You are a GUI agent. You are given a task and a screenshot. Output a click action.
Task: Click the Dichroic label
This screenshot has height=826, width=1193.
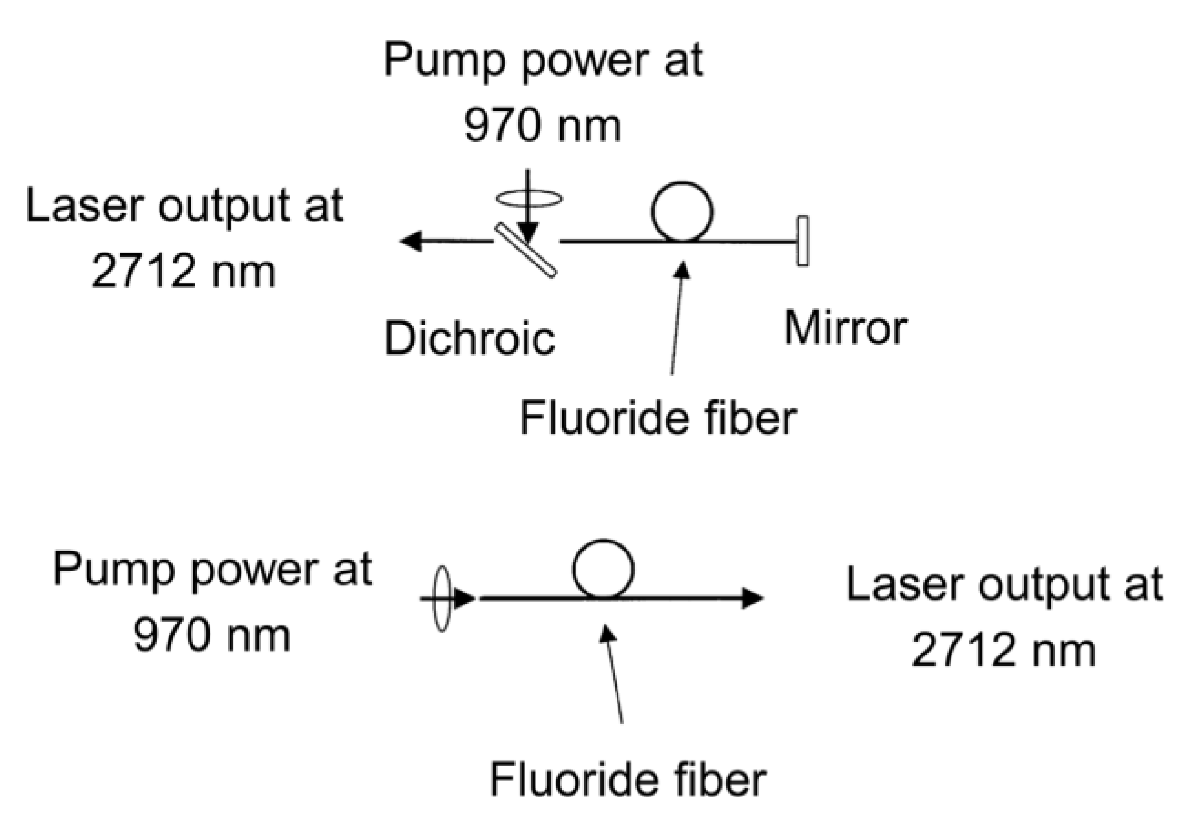[470, 338]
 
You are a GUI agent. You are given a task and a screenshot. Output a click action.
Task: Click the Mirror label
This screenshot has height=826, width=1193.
[845, 328]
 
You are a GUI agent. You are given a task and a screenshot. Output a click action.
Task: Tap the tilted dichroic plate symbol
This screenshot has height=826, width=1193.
[525, 250]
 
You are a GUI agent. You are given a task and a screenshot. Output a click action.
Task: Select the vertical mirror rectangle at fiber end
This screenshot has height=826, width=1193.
[802, 241]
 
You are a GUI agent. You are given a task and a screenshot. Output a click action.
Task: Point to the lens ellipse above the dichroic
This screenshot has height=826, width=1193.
[528, 198]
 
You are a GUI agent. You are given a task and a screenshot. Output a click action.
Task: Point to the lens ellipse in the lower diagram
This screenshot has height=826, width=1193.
[442, 599]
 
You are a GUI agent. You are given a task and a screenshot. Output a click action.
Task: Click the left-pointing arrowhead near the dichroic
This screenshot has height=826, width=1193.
[412, 241]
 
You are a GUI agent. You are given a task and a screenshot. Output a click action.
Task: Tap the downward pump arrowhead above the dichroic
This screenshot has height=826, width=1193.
[528, 233]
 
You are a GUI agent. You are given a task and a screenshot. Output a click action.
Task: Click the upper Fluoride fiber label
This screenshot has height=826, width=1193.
[658, 418]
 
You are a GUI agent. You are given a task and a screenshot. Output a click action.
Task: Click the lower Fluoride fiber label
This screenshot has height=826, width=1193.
[627, 780]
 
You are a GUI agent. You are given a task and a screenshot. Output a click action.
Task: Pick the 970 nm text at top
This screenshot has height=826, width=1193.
[542, 126]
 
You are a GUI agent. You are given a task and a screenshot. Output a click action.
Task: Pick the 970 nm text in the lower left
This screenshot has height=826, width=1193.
[212, 636]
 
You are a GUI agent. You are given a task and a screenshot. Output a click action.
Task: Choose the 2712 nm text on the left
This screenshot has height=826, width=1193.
[183, 271]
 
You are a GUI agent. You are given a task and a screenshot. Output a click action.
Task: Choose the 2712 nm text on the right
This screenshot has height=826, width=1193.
[1003, 650]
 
